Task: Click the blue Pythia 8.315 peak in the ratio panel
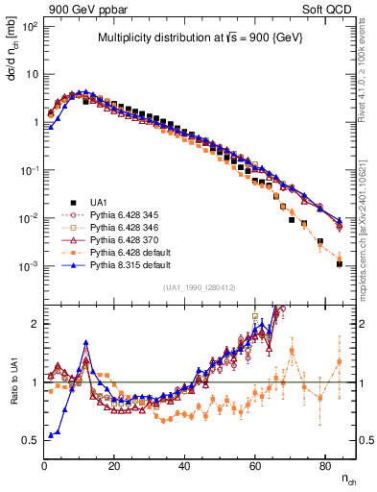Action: point(86,341)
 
